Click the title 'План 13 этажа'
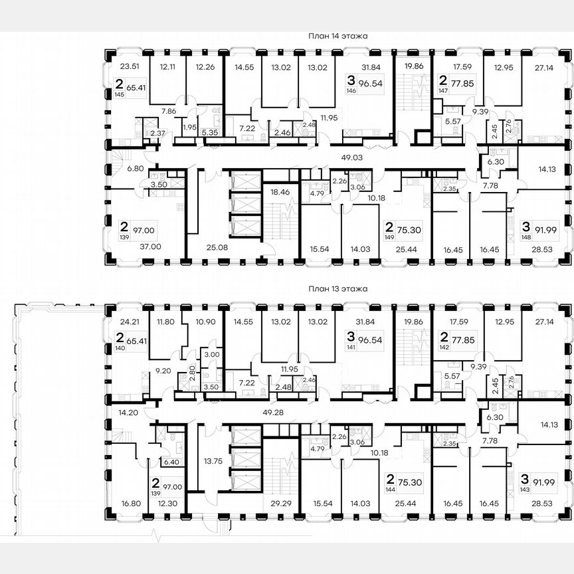(x=337, y=289)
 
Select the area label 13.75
(x=213, y=460)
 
